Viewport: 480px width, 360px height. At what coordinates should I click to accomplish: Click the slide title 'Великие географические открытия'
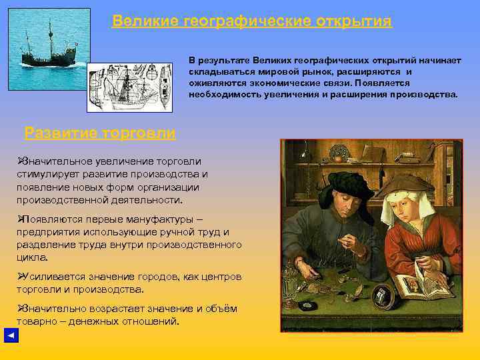[252, 21]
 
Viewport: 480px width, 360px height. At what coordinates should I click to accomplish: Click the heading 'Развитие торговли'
[100, 133]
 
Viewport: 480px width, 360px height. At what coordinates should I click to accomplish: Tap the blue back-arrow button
[11, 335]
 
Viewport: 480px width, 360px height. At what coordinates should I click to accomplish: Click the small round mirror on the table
[381, 293]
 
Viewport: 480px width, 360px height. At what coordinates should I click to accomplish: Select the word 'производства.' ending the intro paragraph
[424, 95]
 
